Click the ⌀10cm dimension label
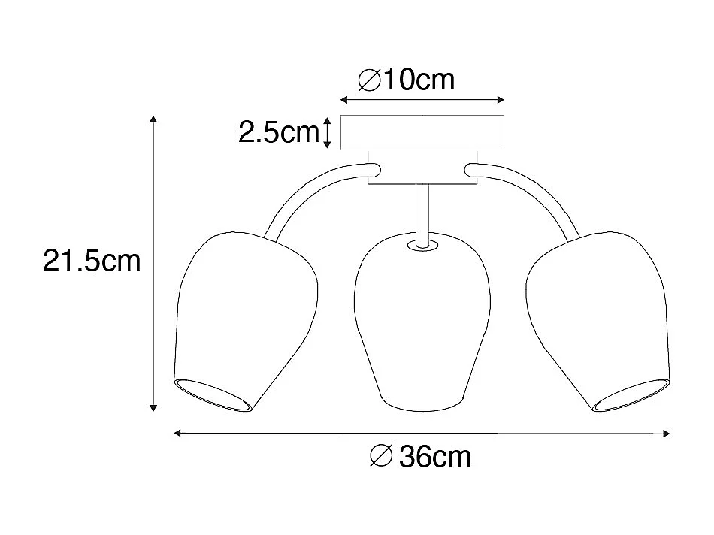(x=407, y=80)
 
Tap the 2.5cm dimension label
(x=278, y=132)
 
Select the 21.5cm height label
(x=92, y=261)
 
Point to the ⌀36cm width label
(x=422, y=456)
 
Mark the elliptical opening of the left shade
(x=213, y=396)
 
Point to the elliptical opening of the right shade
(x=631, y=396)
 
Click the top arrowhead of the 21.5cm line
(x=153, y=120)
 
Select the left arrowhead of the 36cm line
(x=178, y=432)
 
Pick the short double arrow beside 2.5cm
(x=328, y=132)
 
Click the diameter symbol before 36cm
(x=381, y=456)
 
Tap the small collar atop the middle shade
(x=422, y=244)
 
